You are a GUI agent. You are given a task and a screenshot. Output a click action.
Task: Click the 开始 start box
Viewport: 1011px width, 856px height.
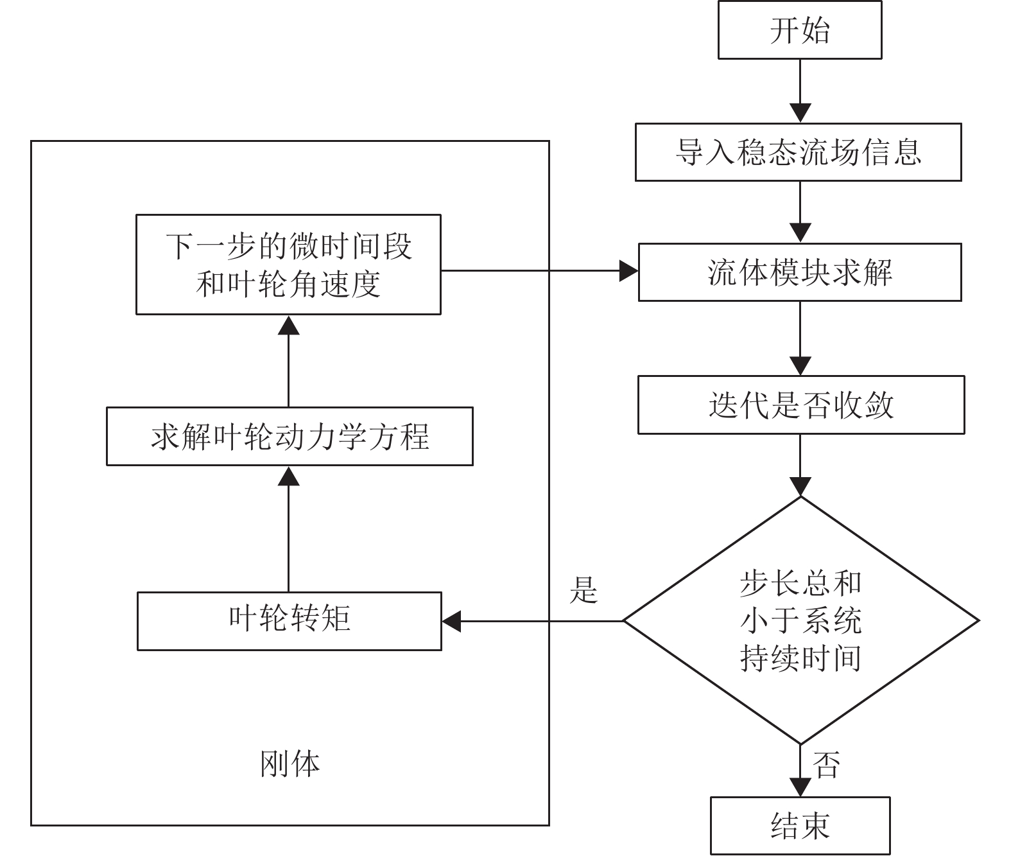coord(799,30)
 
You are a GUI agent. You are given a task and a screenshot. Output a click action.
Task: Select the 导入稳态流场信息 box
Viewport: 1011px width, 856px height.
coord(798,152)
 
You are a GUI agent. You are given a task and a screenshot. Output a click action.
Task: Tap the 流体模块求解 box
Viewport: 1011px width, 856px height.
coord(799,272)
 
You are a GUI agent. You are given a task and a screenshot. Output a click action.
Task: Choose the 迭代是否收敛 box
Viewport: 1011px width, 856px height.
coord(800,405)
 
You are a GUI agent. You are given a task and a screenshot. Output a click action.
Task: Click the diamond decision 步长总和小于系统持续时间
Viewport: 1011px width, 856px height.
coord(800,620)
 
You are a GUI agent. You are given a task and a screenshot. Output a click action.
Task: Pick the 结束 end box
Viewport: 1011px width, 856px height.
coord(800,826)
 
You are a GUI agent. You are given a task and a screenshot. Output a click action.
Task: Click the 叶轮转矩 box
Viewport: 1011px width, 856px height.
coord(289,620)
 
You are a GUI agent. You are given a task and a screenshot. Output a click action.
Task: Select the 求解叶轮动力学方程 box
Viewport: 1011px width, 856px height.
coord(289,436)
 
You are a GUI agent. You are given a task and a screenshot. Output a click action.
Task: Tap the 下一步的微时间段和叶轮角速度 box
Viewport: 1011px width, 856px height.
coord(288,265)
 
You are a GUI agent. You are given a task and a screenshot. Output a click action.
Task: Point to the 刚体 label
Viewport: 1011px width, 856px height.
coord(289,764)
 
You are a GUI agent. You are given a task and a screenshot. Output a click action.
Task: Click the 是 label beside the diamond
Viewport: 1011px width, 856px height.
coord(583,590)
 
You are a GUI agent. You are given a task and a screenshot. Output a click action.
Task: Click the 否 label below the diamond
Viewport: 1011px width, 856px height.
coord(826,765)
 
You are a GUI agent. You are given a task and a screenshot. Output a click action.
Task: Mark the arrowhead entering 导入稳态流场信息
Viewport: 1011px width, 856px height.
coord(800,113)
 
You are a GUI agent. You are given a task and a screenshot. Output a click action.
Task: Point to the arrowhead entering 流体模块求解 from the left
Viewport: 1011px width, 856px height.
coord(628,271)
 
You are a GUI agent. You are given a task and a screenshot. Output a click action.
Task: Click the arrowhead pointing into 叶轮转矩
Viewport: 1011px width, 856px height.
coord(452,621)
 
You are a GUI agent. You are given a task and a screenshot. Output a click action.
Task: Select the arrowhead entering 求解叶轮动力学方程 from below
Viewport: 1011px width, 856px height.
coord(289,476)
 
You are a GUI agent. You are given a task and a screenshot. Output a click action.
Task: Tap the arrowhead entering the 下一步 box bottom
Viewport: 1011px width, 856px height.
coord(289,326)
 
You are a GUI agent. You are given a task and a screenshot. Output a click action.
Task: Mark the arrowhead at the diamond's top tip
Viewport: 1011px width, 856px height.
coord(800,487)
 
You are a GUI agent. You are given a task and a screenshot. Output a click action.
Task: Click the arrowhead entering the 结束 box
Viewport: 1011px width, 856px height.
coord(800,787)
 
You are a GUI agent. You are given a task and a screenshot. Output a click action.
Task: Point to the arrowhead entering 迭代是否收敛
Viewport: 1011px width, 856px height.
coord(800,365)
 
